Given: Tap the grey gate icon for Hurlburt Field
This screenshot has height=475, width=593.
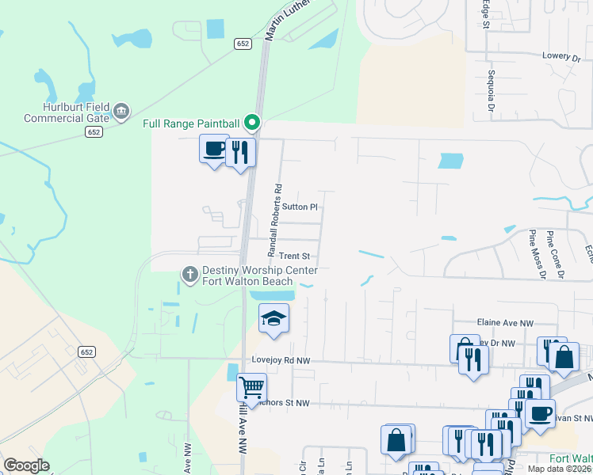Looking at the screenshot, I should click(121, 111).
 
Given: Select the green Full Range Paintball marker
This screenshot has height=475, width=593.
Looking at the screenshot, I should click(252, 123).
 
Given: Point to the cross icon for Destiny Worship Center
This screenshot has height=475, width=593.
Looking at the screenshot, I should click(189, 274).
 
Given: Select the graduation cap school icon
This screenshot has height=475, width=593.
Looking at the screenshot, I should click(274, 318).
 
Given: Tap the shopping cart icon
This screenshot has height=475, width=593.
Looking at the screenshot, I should click(251, 388).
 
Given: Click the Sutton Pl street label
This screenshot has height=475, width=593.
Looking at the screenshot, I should click(300, 207).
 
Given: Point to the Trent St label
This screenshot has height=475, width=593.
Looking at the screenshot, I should click(293, 256).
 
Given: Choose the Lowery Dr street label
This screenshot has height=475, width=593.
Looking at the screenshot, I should click(562, 57).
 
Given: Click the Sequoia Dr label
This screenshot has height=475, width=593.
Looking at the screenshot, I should click(492, 89).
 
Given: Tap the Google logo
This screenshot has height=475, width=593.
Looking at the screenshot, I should click(27, 465).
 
